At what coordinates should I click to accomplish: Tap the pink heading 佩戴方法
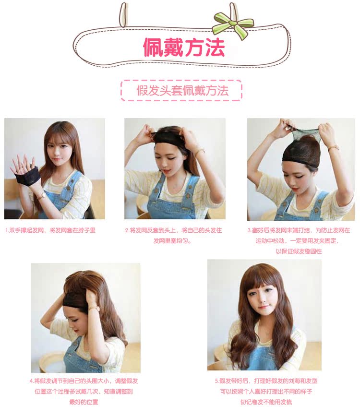pyautogui.click(x=183, y=47)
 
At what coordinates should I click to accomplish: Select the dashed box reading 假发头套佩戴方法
pyautogui.click(x=181, y=90)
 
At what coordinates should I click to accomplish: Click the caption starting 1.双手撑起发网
pyautogui.click(x=50, y=230)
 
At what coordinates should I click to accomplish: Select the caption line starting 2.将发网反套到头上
pyautogui.click(x=173, y=230)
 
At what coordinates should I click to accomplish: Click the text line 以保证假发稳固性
pyautogui.click(x=298, y=251)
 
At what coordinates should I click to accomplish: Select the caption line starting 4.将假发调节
pyautogui.click(x=84, y=381)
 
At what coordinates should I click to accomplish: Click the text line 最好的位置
pyautogui.click(x=84, y=402)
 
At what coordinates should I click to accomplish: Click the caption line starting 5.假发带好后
pyautogui.click(x=266, y=381)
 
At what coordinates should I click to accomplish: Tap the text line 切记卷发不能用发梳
pyautogui.click(x=266, y=402)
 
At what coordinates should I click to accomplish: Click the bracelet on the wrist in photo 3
pyautogui.click(x=334, y=148)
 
